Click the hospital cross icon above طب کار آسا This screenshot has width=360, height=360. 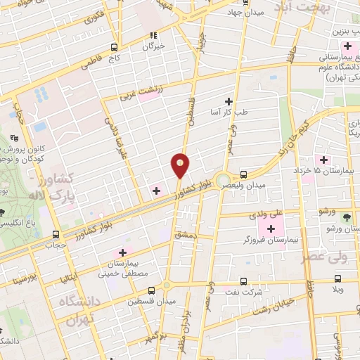point(227,101)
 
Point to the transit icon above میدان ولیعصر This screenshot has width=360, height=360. point(243,174)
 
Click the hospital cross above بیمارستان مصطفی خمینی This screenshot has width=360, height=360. point(123,251)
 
